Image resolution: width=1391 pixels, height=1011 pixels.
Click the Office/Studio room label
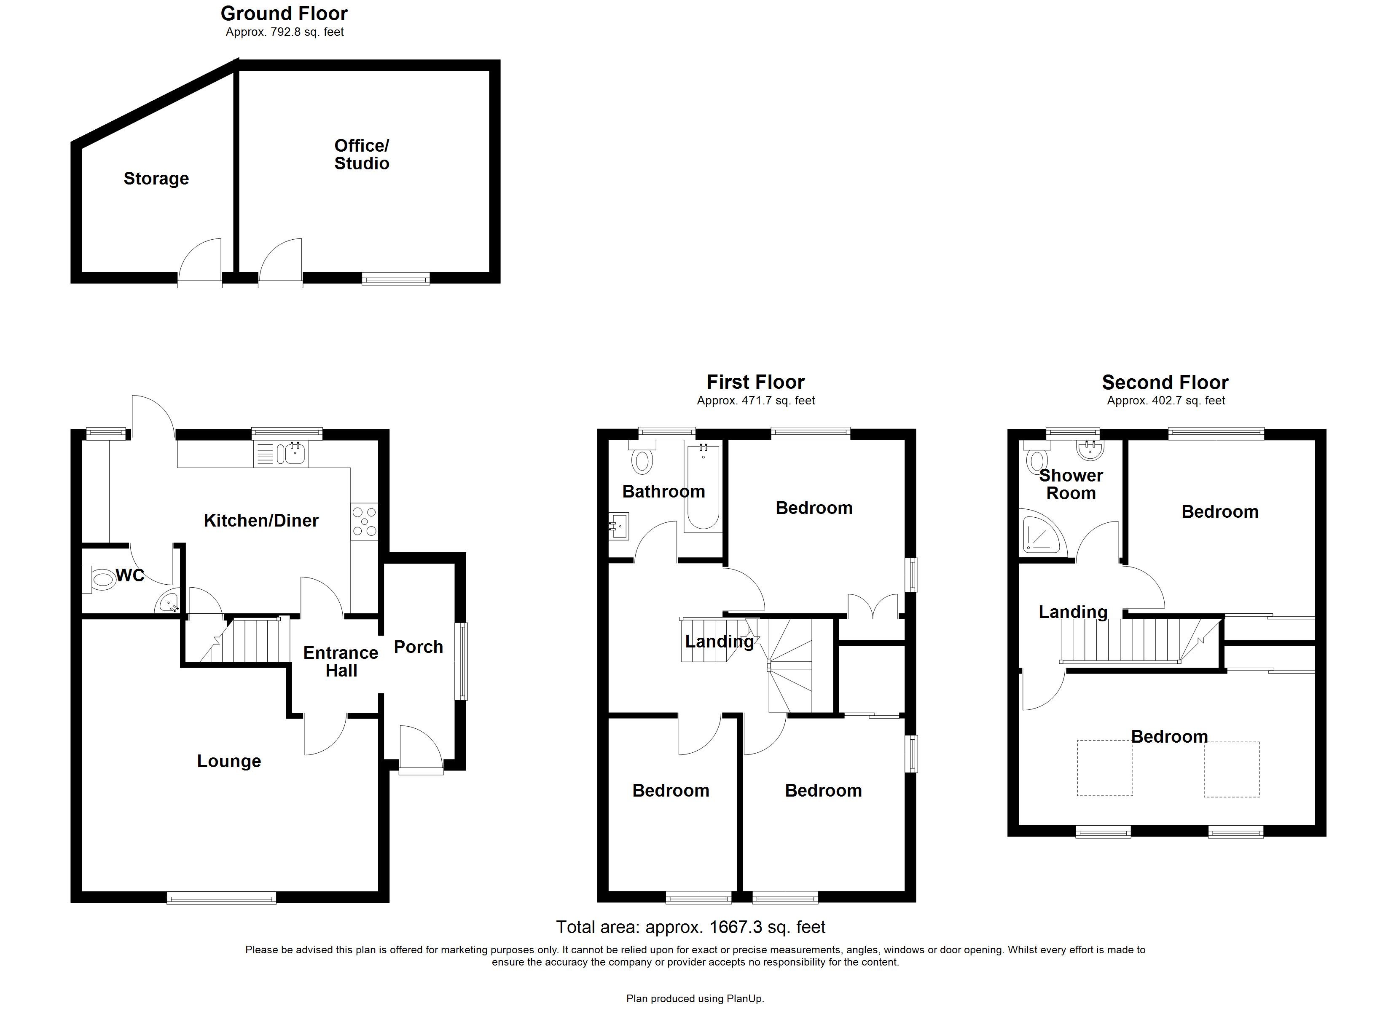361,155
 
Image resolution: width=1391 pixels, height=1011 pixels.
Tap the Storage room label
156,179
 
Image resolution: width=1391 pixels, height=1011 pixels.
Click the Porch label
418,647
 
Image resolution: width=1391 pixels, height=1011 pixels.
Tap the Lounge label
229,761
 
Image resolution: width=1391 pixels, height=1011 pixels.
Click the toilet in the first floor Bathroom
642,459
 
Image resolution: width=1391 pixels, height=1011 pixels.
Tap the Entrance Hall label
341,661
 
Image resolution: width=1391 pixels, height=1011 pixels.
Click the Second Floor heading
1165,382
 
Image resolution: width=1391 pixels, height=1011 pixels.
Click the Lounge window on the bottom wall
221,898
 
